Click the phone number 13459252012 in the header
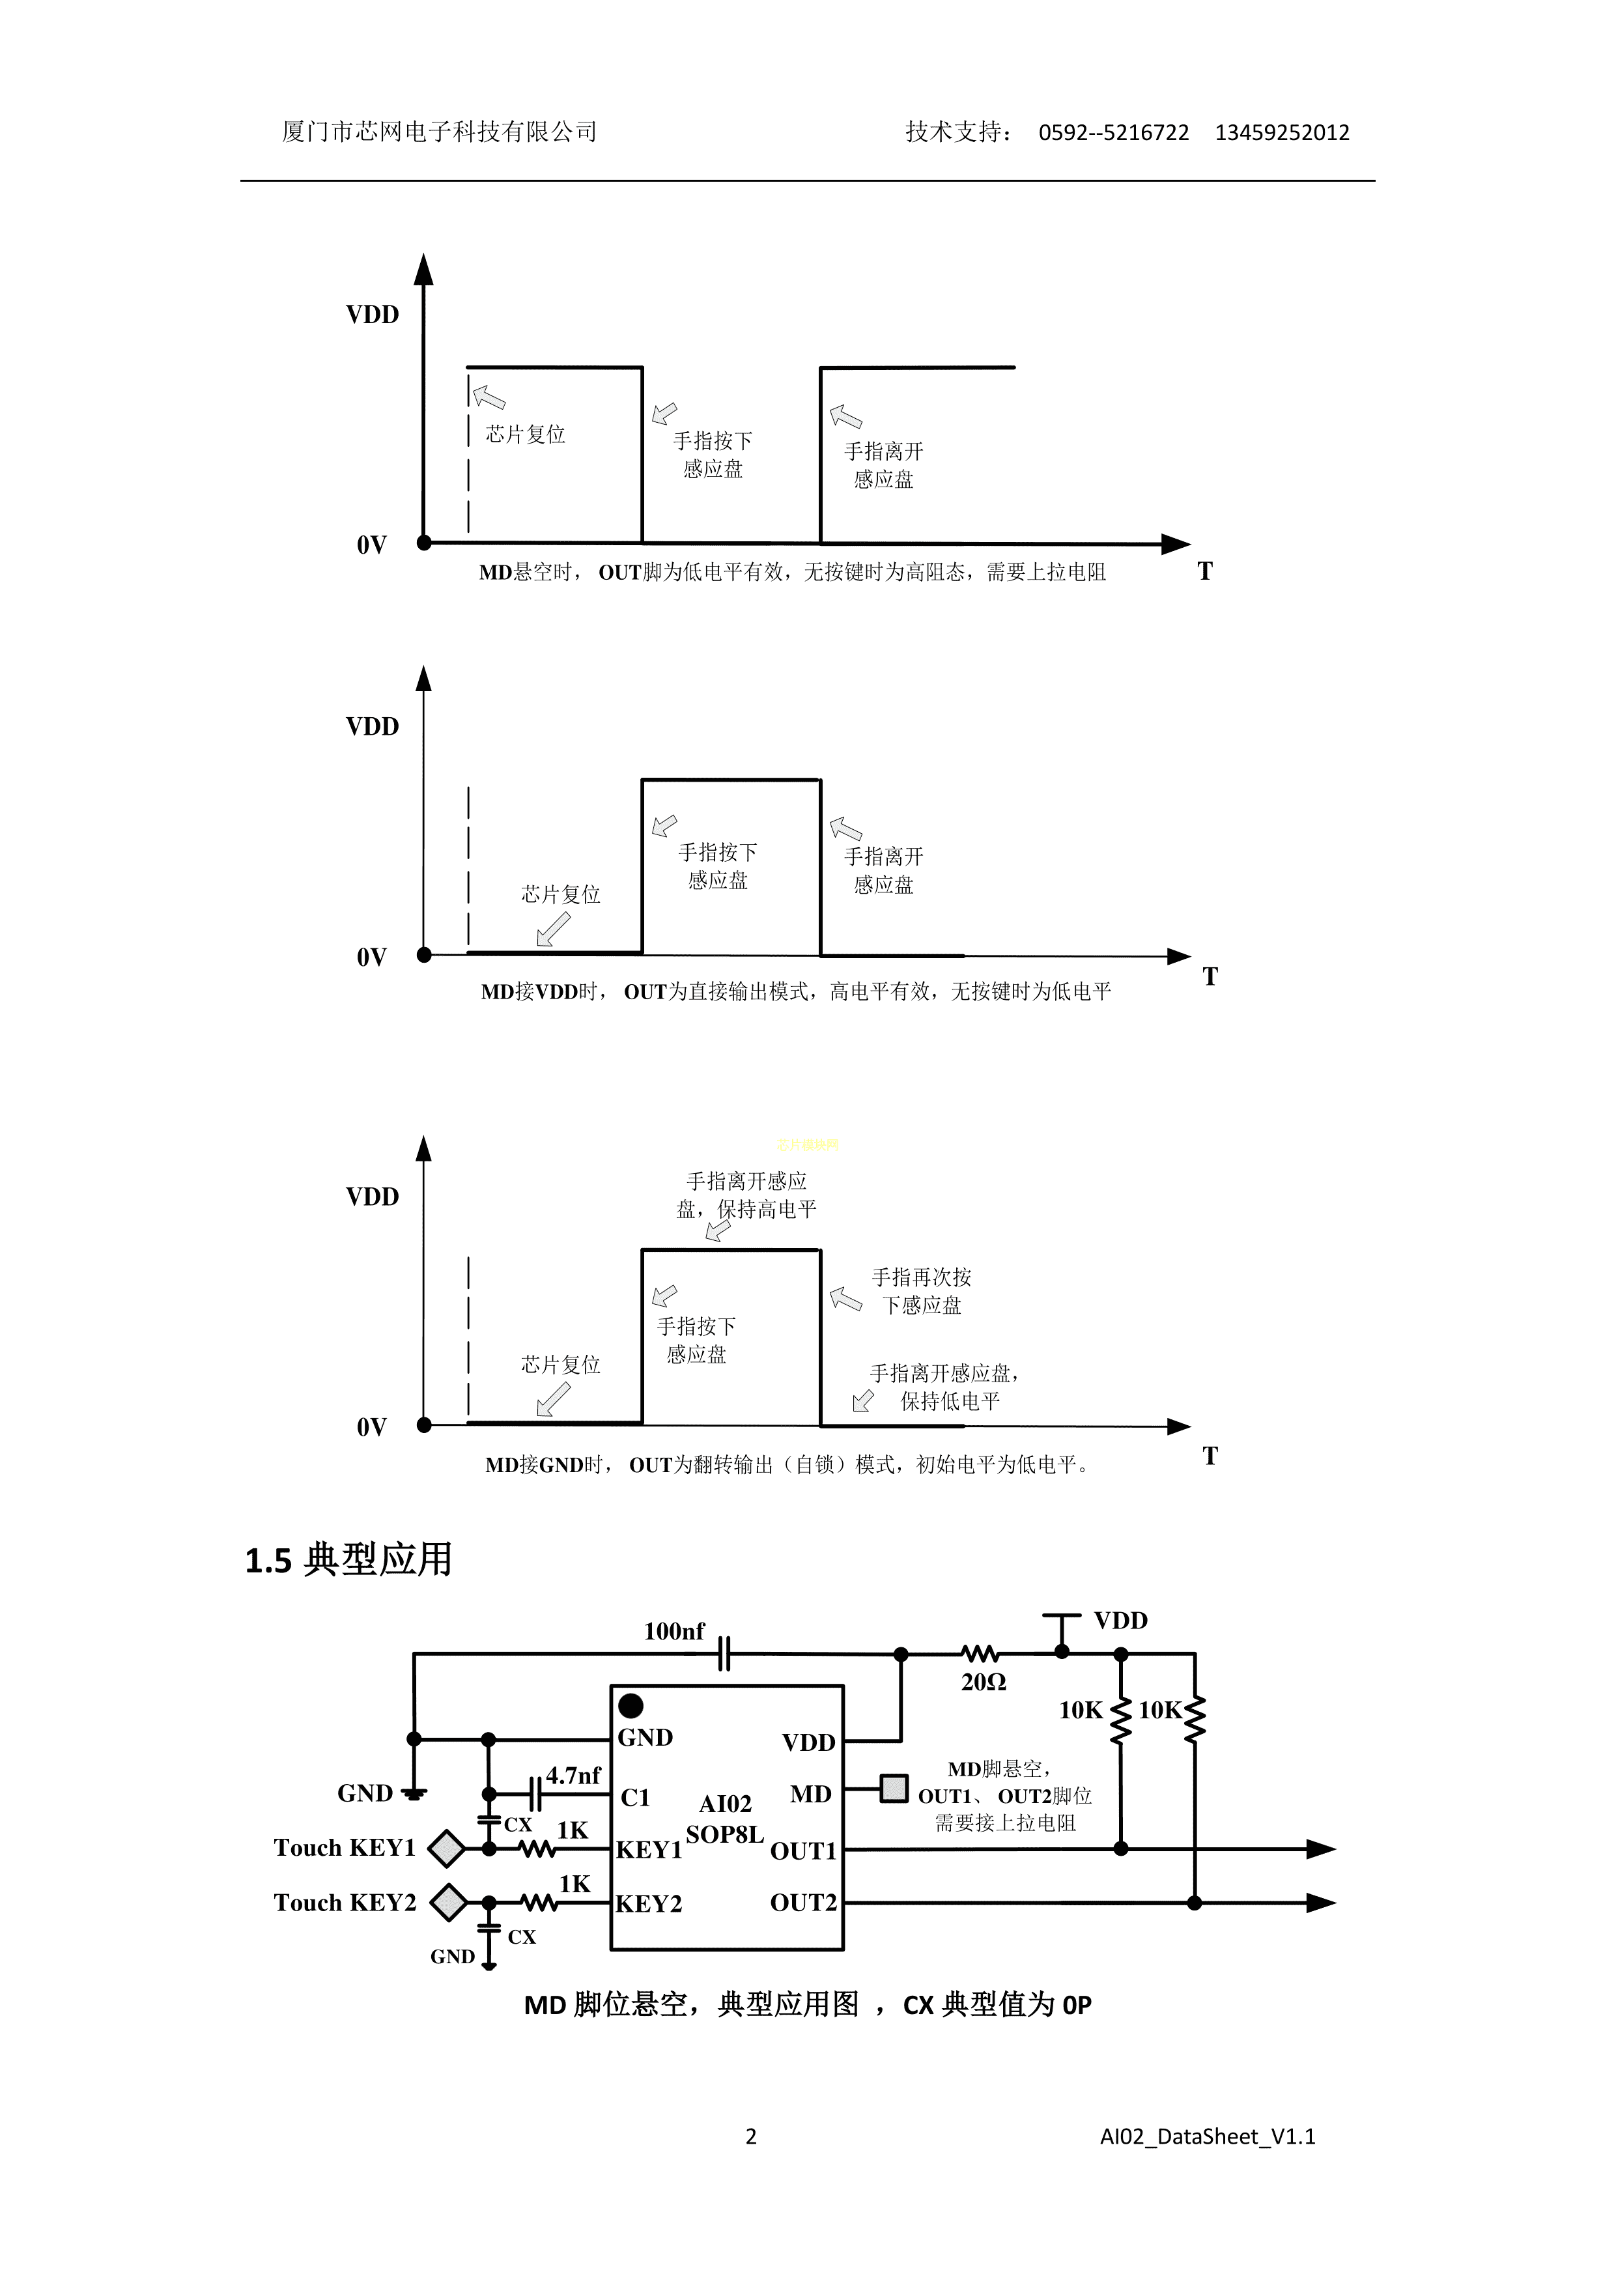pyautogui.click(x=1282, y=132)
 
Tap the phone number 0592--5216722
pyautogui.click(x=1114, y=132)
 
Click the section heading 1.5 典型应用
pyautogui.click(x=348, y=1559)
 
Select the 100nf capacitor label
pyautogui.click(x=673, y=1631)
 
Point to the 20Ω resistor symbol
pyautogui.click(x=980, y=1653)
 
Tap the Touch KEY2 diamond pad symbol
pyautogui.click(x=449, y=1902)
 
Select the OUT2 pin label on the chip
pyautogui.click(x=803, y=1902)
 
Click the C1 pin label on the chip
pyautogui.click(x=635, y=1797)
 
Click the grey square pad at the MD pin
pyautogui.click(x=894, y=1789)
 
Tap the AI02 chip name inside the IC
pyautogui.click(x=726, y=1804)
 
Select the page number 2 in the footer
pyautogui.click(x=751, y=2136)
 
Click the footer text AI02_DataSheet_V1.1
pyautogui.click(x=1207, y=2136)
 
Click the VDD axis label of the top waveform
pyautogui.click(x=372, y=315)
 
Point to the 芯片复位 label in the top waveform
pyautogui.click(x=526, y=434)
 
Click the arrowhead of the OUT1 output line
pyautogui.click(x=1320, y=1849)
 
